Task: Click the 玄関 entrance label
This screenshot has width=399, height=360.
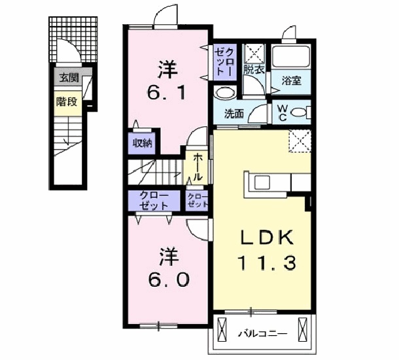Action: click(69, 78)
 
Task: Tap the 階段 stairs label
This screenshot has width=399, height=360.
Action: click(67, 102)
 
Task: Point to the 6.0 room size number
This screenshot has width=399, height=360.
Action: click(168, 280)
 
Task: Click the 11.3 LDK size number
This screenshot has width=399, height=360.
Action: click(266, 263)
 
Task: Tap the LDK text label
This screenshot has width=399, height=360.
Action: click(266, 238)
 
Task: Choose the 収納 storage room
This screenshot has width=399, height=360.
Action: click(142, 143)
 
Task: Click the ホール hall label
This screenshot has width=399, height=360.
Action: click(198, 167)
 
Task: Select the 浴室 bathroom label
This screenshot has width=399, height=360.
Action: click(291, 81)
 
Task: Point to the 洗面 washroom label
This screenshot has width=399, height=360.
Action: click(234, 114)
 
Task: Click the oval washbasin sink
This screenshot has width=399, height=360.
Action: click(225, 93)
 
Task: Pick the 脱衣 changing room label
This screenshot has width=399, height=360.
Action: click(253, 70)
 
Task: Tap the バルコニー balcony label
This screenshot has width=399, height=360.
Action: click(262, 333)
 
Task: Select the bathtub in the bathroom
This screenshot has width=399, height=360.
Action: click(290, 57)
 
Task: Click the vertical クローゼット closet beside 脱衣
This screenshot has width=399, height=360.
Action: click(225, 62)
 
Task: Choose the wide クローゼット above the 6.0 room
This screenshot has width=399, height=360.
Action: click(154, 201)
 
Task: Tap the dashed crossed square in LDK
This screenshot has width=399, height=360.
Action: click(300, 141)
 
